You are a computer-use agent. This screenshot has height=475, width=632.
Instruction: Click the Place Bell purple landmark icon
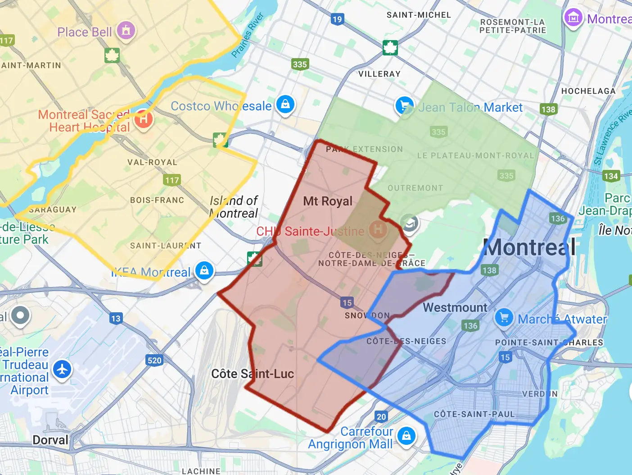(126, 30)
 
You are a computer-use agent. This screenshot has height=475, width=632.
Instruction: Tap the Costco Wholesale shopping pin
(285, 105)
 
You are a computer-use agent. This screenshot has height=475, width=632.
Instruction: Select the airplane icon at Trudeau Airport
(62, 369)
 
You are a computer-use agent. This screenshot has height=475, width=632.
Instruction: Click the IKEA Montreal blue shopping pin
(204, 270)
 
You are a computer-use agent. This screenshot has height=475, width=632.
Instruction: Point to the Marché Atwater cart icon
(504, 317)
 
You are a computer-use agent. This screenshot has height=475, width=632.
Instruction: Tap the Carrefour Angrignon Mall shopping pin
(406, 436)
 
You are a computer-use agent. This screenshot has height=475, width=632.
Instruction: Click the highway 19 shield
(337, 19)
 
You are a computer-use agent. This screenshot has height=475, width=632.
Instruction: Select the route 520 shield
(154, 360)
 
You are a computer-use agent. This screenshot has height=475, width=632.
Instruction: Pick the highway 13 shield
(116, 318)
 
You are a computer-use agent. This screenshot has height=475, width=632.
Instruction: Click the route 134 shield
(611, 176)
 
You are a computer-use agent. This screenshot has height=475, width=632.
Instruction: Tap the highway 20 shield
(381, 416)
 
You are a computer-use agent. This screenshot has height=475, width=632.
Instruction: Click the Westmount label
(455, 308)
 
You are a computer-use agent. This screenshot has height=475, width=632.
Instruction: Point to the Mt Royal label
(328, 201)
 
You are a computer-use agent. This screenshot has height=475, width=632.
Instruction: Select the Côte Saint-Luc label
(253, 374)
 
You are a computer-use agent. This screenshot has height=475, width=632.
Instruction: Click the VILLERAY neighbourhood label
(379, 74)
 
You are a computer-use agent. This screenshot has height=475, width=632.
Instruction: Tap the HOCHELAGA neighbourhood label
(588, 91)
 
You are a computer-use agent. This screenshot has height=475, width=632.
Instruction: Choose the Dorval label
(50, 440)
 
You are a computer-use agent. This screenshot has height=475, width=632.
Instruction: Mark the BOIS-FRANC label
(157, 200)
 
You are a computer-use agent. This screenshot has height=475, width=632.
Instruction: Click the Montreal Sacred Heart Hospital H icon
(143, 119)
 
